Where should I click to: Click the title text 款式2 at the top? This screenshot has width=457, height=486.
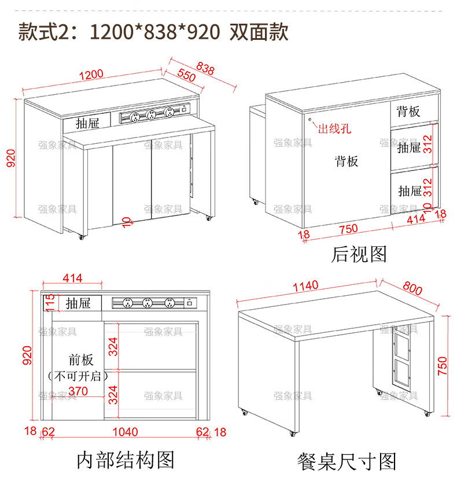(x=43, y=31)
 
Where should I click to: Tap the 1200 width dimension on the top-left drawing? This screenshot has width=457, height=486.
(x=91, y=75)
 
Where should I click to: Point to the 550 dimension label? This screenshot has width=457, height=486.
(x=186, y=75)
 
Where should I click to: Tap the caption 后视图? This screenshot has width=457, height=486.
(x=359, y=254)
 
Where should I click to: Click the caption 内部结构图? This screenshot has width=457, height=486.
(x=126, y=460)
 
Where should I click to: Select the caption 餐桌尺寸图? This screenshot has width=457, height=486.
(x=347, y=461)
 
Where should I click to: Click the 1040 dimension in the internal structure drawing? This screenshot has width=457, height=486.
(x=126, y=432)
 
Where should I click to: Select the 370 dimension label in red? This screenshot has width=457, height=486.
(x=78, y=391)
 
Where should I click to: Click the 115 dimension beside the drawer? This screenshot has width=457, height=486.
(x=50, y=303)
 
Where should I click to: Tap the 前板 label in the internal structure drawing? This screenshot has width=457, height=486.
(x=80, y=360)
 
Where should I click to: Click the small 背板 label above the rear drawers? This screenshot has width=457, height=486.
(x=408, y=111)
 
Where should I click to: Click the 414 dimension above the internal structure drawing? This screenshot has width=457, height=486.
(x=72, y=279)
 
